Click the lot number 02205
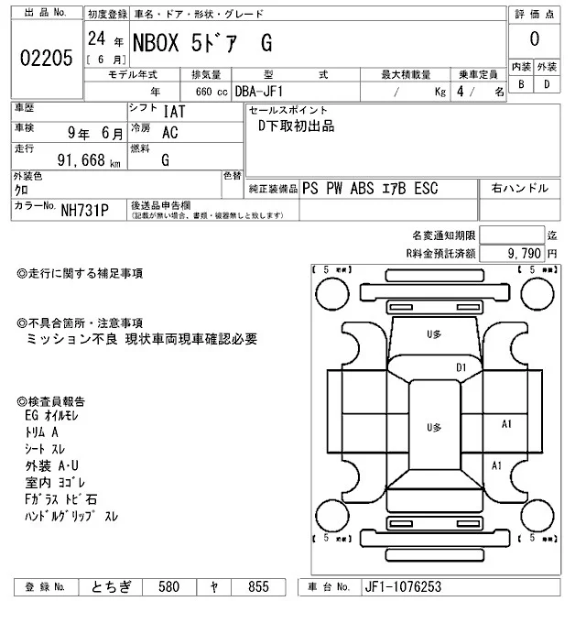tap(46, 58)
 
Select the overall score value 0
tap(534, 39)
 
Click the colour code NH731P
tap(85, 211)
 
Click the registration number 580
tap(169, 586)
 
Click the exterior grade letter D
tap(548, 84)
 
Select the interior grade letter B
tap(521, 84)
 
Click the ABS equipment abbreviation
tap(364, 190)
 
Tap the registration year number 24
tap(95, 39)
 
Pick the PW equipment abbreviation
tap(336, 190)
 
